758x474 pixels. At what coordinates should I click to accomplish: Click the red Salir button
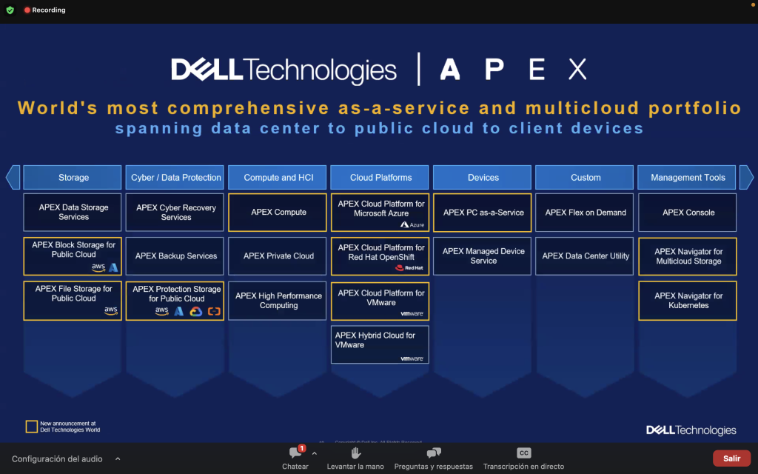coord(731,458)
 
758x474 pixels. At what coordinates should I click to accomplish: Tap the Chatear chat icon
coord(295,453)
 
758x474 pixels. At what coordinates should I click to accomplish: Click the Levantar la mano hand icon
coord(355,453)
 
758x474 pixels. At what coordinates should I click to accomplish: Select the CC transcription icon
coord(523,453)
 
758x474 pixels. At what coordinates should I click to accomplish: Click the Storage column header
coord(73,178)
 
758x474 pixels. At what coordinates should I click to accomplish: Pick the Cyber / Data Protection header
coord(175,178)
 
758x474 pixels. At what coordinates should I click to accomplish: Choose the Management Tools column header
coord(687,178)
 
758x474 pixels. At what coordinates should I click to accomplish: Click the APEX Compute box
coord(278,213)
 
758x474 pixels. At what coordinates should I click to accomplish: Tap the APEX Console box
coord(688,213)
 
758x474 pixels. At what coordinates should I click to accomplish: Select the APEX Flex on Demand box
coord(586,213)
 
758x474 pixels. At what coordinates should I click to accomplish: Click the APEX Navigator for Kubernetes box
coord(688,301)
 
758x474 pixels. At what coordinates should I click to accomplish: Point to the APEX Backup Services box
coord(175,256)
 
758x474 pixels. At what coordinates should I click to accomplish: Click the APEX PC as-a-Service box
coord(483,213)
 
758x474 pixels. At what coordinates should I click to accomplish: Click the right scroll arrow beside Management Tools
coord(746,178)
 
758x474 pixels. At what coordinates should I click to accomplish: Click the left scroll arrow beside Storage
coord(13,178)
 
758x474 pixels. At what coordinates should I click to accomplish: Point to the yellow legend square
coord(32,427)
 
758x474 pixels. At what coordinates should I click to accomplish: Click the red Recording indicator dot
coord(27,10)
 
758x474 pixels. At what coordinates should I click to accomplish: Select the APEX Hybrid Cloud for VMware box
coord(380,344)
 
